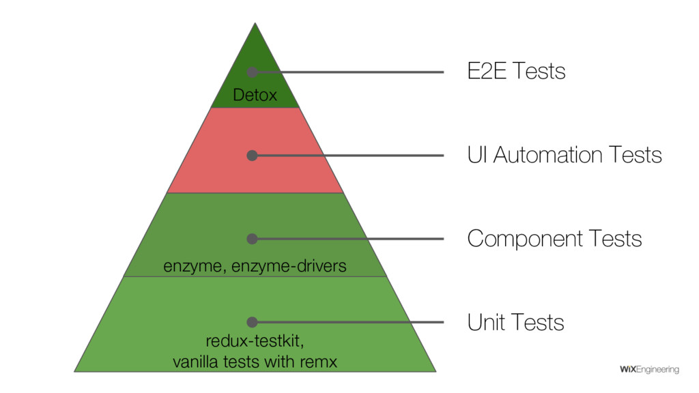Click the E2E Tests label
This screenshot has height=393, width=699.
[516, 71]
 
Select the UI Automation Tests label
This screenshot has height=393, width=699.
[564, 156]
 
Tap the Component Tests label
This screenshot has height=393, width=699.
[554, 239]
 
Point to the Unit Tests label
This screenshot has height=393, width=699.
[515, 322]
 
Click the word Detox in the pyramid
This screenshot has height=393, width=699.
[255, 96]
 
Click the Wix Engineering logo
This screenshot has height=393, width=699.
[648, 370]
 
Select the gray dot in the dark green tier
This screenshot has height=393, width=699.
[252, 72]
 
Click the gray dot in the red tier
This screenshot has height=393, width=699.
[252, 156]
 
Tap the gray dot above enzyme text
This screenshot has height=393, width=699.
[252, 239]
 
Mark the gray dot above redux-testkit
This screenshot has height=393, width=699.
[252, 322]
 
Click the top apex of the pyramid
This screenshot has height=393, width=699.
[255, 25]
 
